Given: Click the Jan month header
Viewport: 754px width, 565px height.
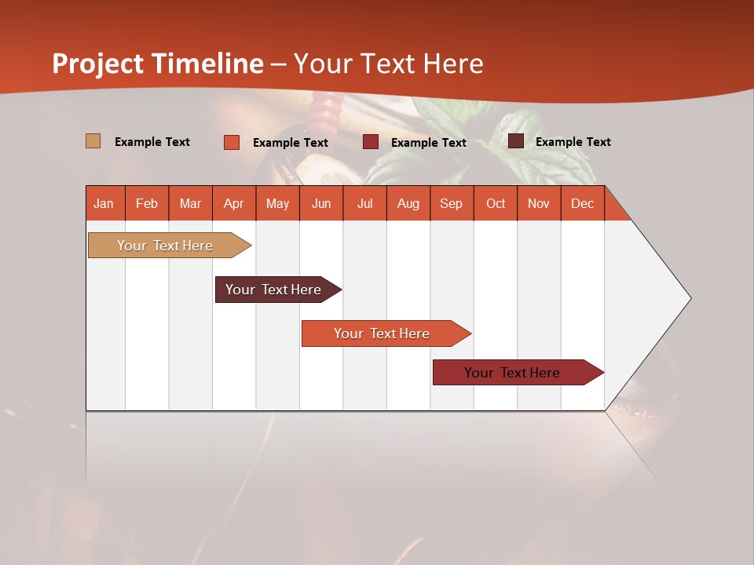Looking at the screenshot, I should pos(104,203).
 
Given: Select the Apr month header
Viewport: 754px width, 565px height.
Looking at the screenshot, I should pos(233,203).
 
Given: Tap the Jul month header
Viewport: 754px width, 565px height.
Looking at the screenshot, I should pos(364,203).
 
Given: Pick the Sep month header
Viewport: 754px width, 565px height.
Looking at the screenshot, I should pos(451,203).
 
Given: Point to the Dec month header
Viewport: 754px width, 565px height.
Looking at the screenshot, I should pos(582,203).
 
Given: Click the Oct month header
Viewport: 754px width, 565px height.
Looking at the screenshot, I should pos(495,203).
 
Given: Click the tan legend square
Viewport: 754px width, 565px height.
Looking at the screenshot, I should pos(93,141).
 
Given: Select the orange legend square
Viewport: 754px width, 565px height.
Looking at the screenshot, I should pos(231,142).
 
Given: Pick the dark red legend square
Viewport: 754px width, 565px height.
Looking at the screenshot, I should pos(370,142).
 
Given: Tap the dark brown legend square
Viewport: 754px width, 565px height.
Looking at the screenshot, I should pos(515,141).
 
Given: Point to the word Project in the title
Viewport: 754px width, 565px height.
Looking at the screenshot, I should pos(98,64).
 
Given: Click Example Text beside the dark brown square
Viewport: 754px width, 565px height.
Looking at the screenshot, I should pos(573,142).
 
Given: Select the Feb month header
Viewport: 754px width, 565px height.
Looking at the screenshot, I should pos(147,203).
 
